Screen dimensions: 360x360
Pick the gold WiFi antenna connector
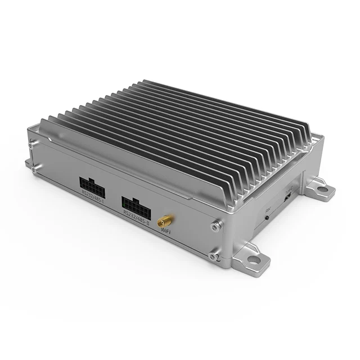click(166, 218)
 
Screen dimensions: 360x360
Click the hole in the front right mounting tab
click(257, 260)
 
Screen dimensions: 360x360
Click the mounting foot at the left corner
click(28, 163)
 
